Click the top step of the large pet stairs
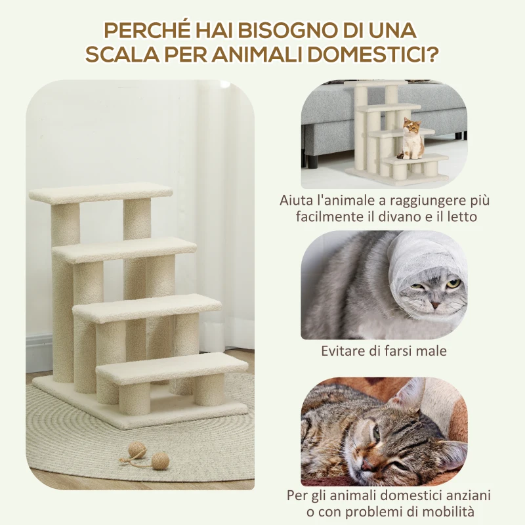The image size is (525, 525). pyautogui.click(x=100, y=192)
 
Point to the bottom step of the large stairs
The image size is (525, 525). pyautogui.click(x=172, y=368)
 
